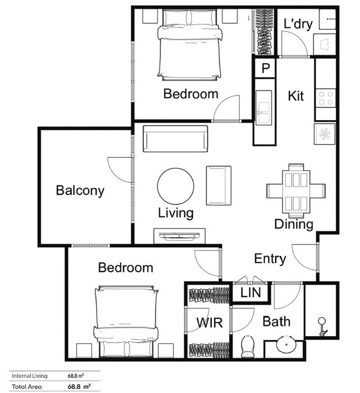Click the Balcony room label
[80, 190]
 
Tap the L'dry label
[298, 24]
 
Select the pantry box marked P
[265, 68]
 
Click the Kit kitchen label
[296, 96]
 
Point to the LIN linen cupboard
[250, 293]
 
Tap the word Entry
[270, 259]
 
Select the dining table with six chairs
[296, 190]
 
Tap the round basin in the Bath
[284, 347]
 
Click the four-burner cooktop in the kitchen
[325, 98]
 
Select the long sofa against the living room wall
[175, 138]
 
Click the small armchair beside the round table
[219, 185]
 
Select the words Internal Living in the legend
[28, 375]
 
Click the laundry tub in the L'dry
[326, 44]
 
